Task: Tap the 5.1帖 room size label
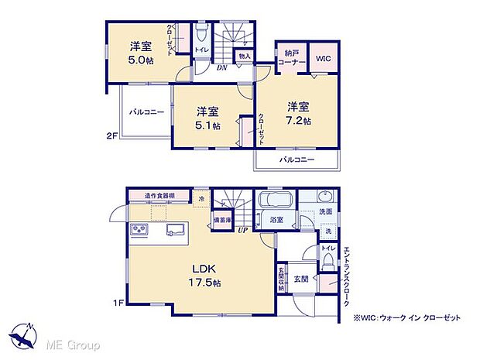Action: click(x=207, y=125)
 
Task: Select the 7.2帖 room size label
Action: click(x=300, y=122)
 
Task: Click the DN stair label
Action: click(x=221, y=67)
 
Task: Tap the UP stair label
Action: click(x=242, y=230)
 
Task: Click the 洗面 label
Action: click(x=325, y=212)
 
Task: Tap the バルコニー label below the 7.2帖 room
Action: click(x=297, y=159)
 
